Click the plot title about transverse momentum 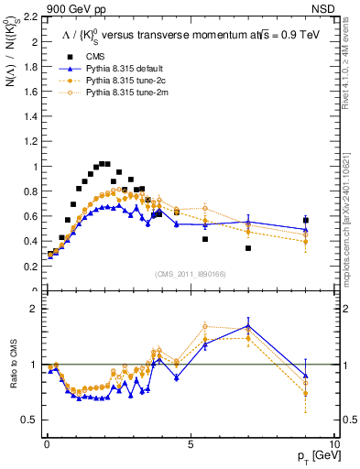pyautogui.click(x=183, y=35)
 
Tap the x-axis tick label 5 pyautogui.click(x=190, y=443)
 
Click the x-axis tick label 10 pyautogui.click(x=334, y=443)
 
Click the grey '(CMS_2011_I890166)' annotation pyautogui.click(x=189, y=275)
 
